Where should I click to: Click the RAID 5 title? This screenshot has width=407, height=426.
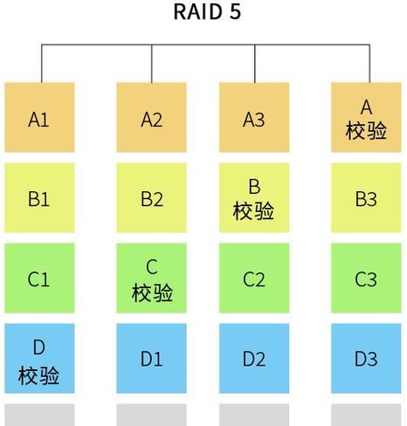click(207, 11)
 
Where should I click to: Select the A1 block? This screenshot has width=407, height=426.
click(39, 117)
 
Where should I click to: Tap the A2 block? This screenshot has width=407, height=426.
click(151, 117)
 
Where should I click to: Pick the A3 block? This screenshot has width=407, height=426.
click(254, 117)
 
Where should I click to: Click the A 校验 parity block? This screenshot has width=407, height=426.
click(366, 117)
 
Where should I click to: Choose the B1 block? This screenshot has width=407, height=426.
click(39, 197)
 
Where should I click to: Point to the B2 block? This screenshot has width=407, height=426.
click(151, 197)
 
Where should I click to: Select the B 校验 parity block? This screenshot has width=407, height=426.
click(254, 197)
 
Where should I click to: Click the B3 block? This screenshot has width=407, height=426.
click(366, 197)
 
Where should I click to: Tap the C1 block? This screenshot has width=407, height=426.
click(39, 278)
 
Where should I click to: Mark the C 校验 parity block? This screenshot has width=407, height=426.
click(151, 278)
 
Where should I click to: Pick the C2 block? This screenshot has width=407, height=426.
click(254, 278)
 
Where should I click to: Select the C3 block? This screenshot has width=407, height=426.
click(366, 278)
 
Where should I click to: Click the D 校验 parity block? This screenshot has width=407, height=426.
click(39, 358)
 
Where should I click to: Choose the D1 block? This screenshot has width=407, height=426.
click(151, 358)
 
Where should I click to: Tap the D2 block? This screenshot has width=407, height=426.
click(254, 358)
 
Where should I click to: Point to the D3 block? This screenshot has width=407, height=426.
click(366, 358)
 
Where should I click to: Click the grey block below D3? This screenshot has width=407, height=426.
click(366, 415)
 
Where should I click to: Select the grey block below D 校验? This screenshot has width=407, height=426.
click(39, 415)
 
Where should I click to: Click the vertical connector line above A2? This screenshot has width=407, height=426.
click(152, 64)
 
